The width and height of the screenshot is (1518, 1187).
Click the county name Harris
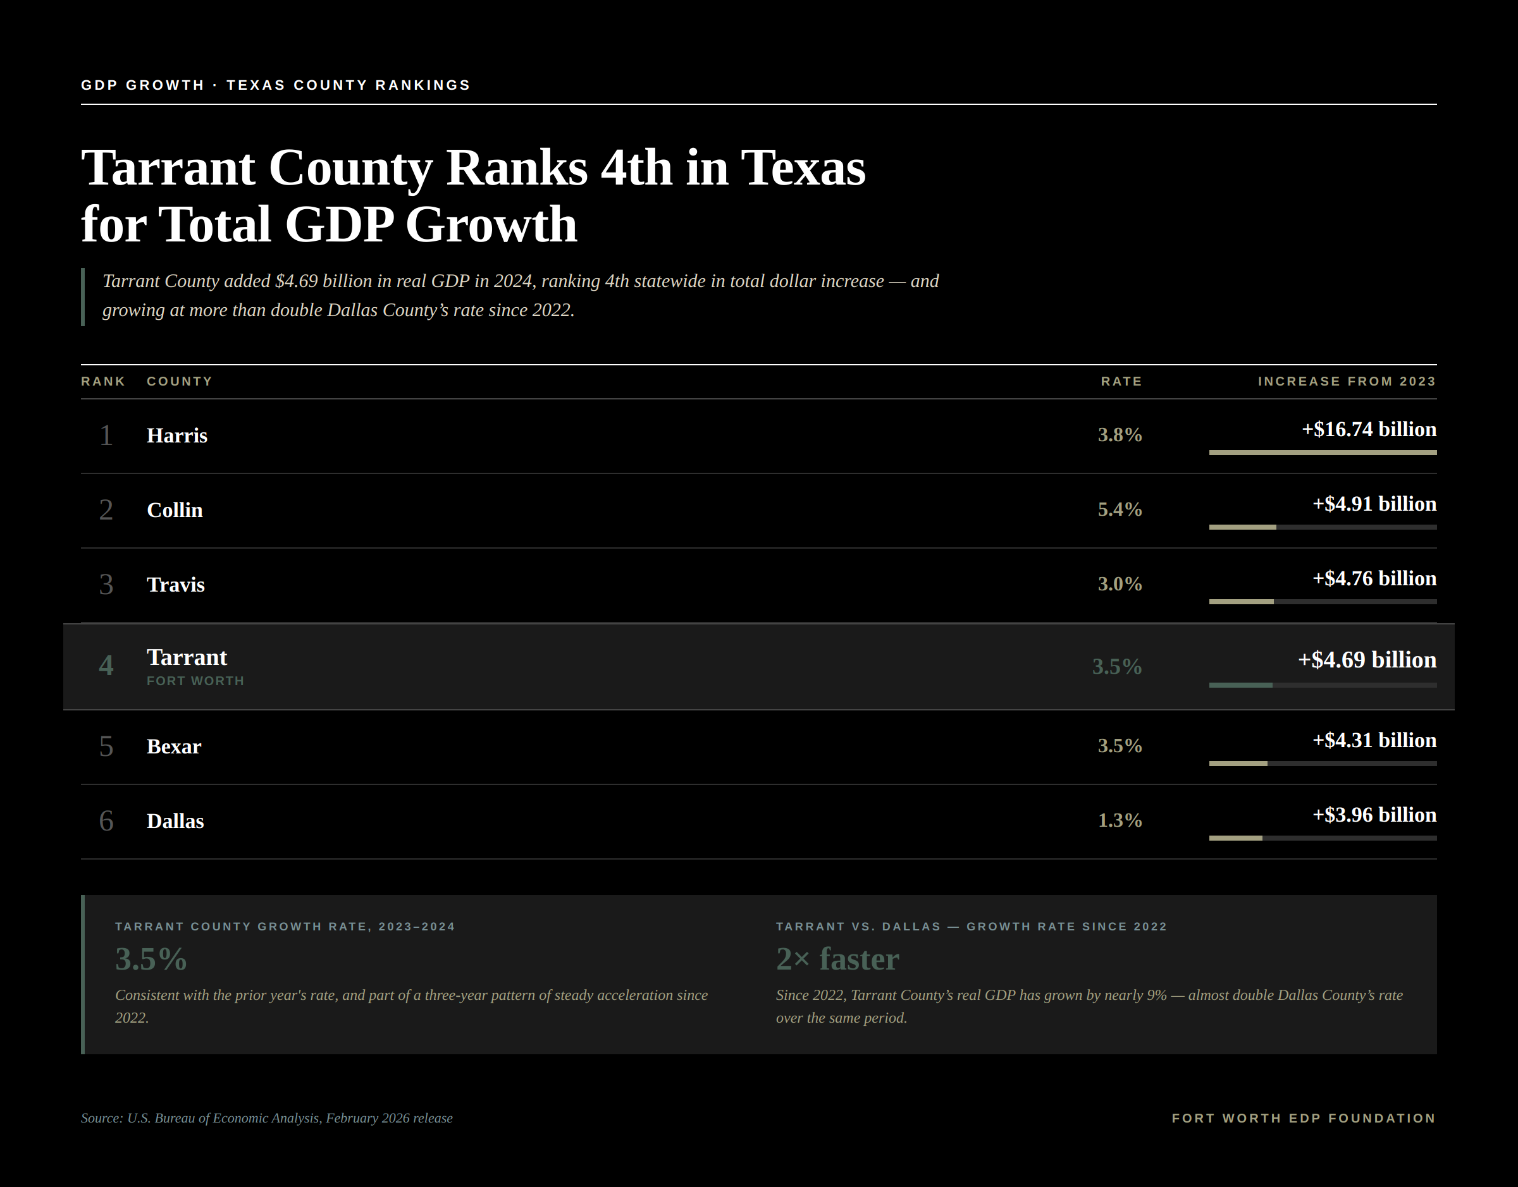pos(176,435)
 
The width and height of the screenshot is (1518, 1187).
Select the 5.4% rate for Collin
pos(1120,509)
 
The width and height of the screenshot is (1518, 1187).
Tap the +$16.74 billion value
pos(1369,430)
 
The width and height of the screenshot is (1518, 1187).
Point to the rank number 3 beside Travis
pos(106,585)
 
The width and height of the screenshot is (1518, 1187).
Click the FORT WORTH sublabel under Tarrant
pos(195,681)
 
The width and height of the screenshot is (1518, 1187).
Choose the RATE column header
pos(1121,382)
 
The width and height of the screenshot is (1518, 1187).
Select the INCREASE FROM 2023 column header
pos(1346,382)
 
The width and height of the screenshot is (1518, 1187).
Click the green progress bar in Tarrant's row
pos(1240,685)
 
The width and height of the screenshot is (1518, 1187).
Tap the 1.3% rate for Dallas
pos(1120,821)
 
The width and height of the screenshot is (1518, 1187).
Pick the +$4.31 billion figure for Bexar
pos(1374,740)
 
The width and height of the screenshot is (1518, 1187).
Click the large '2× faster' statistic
pos(837,959)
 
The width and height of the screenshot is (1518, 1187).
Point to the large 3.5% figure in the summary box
pos(151,959)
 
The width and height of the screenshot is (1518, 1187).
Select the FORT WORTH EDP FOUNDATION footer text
pos(1304,1118)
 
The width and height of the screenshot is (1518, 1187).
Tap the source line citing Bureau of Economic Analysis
pos(266,1118)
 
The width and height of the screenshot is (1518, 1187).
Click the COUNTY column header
pos(180,382)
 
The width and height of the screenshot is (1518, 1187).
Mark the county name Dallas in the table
pos(175,822)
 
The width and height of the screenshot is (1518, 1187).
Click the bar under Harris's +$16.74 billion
pos(1323,453)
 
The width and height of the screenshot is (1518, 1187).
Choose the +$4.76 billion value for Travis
pos(1374,579)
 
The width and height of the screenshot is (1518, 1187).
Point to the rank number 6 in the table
pos(106,822)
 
